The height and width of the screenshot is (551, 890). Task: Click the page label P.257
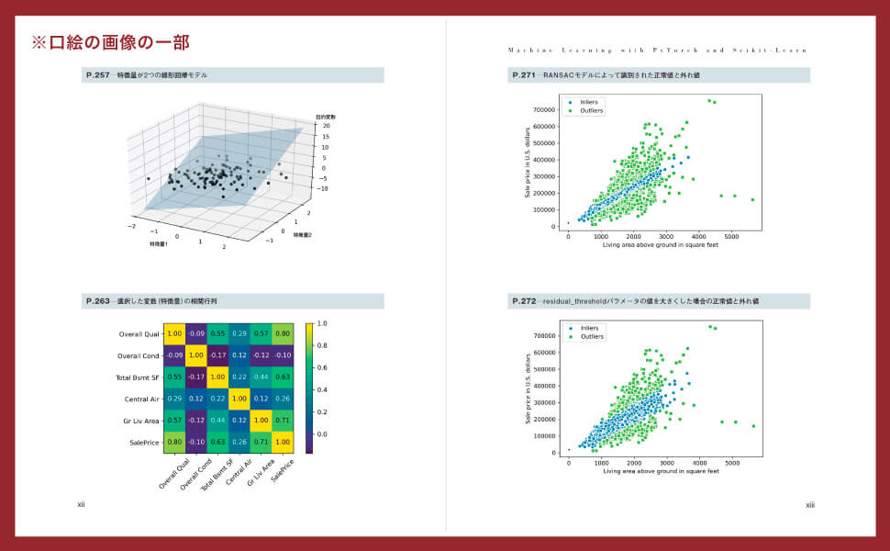(97, 75)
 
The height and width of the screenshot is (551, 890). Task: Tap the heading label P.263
(97, 301)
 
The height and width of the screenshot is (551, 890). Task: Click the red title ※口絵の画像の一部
(110, 42)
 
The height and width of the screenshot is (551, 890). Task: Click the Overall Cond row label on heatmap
(133, 355)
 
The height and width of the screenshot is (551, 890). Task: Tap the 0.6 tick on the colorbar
(322, 367)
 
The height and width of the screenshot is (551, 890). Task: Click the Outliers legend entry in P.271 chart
(591, 110)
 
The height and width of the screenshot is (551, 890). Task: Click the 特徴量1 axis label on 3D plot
(162, 245)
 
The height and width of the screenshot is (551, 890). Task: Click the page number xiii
(809, 504)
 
